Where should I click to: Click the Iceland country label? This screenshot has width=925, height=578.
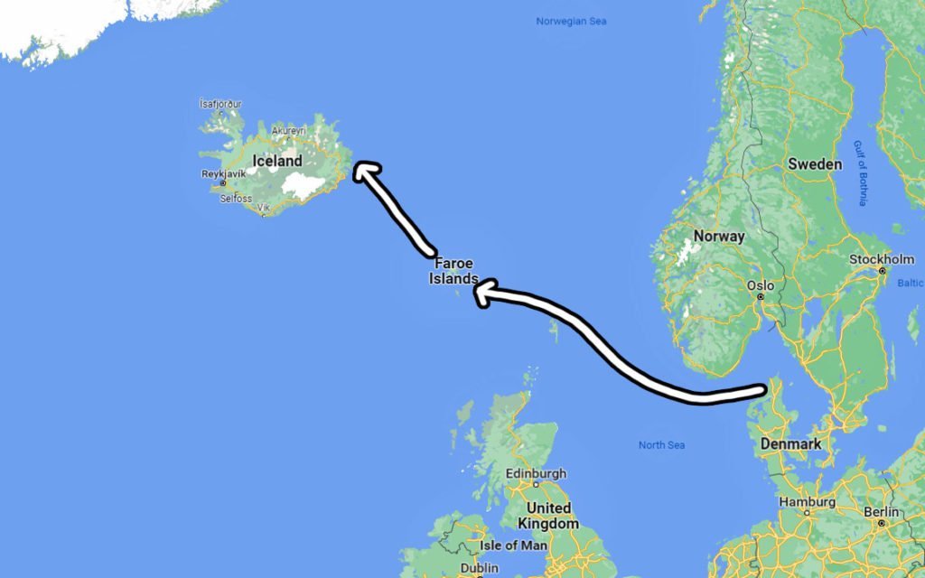click(x=277, y=161)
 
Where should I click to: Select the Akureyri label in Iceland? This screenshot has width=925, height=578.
click(x=291, y=130)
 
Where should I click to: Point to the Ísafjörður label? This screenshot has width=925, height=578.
click(x=220, y=104)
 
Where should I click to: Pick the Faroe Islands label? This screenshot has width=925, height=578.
click(x=453, y=271)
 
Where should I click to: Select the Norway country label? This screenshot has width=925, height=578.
click(x=719, y=237)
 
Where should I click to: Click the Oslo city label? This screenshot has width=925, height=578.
click(x=760, y=285)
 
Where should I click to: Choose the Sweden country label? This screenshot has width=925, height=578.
click(x=815, y=164)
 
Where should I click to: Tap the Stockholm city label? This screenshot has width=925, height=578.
click(x=882, y=260)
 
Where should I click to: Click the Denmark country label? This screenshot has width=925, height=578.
click(x=790, y=444)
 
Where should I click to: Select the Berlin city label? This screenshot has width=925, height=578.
click(x=880, y=511)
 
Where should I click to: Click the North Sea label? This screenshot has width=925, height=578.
click(x=661, y=445)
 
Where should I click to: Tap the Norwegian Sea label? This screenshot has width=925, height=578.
click(x=570, y=21)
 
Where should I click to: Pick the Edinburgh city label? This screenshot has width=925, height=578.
click(x=536, y=473)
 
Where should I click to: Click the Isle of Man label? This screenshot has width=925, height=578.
click(x=511, y=545)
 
